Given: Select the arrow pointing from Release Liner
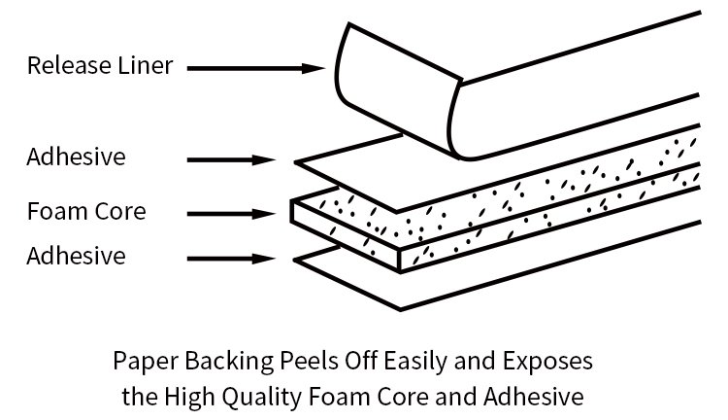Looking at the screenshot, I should pyautogui.click(x=254, y=68).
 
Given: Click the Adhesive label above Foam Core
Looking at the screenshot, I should pyautogui.click(x=77, y=157).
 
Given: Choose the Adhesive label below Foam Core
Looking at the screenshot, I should pyautogui.click(x=77, y=258).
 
